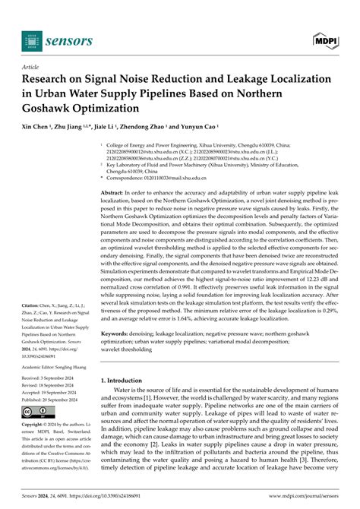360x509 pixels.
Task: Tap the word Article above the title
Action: (34, 67)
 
